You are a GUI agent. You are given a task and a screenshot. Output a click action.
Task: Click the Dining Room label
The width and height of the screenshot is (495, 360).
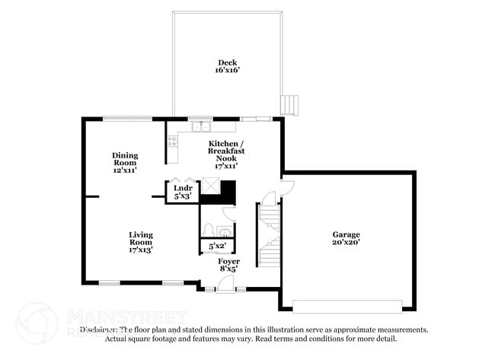click(125, 159)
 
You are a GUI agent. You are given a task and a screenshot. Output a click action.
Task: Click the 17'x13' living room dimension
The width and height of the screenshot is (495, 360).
click(141, 250)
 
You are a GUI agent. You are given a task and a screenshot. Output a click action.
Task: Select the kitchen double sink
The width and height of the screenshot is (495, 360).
click(201, 127)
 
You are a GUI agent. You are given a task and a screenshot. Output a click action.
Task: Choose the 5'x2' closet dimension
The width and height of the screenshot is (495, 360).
click(217, 246)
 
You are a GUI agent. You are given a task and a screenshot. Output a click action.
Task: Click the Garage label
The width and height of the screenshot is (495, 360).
click(346, 234)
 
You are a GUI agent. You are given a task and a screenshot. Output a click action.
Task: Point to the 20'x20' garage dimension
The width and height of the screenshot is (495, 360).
click(346, 243)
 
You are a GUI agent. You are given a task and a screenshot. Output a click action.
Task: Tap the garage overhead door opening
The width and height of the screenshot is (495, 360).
click(347, 306)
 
